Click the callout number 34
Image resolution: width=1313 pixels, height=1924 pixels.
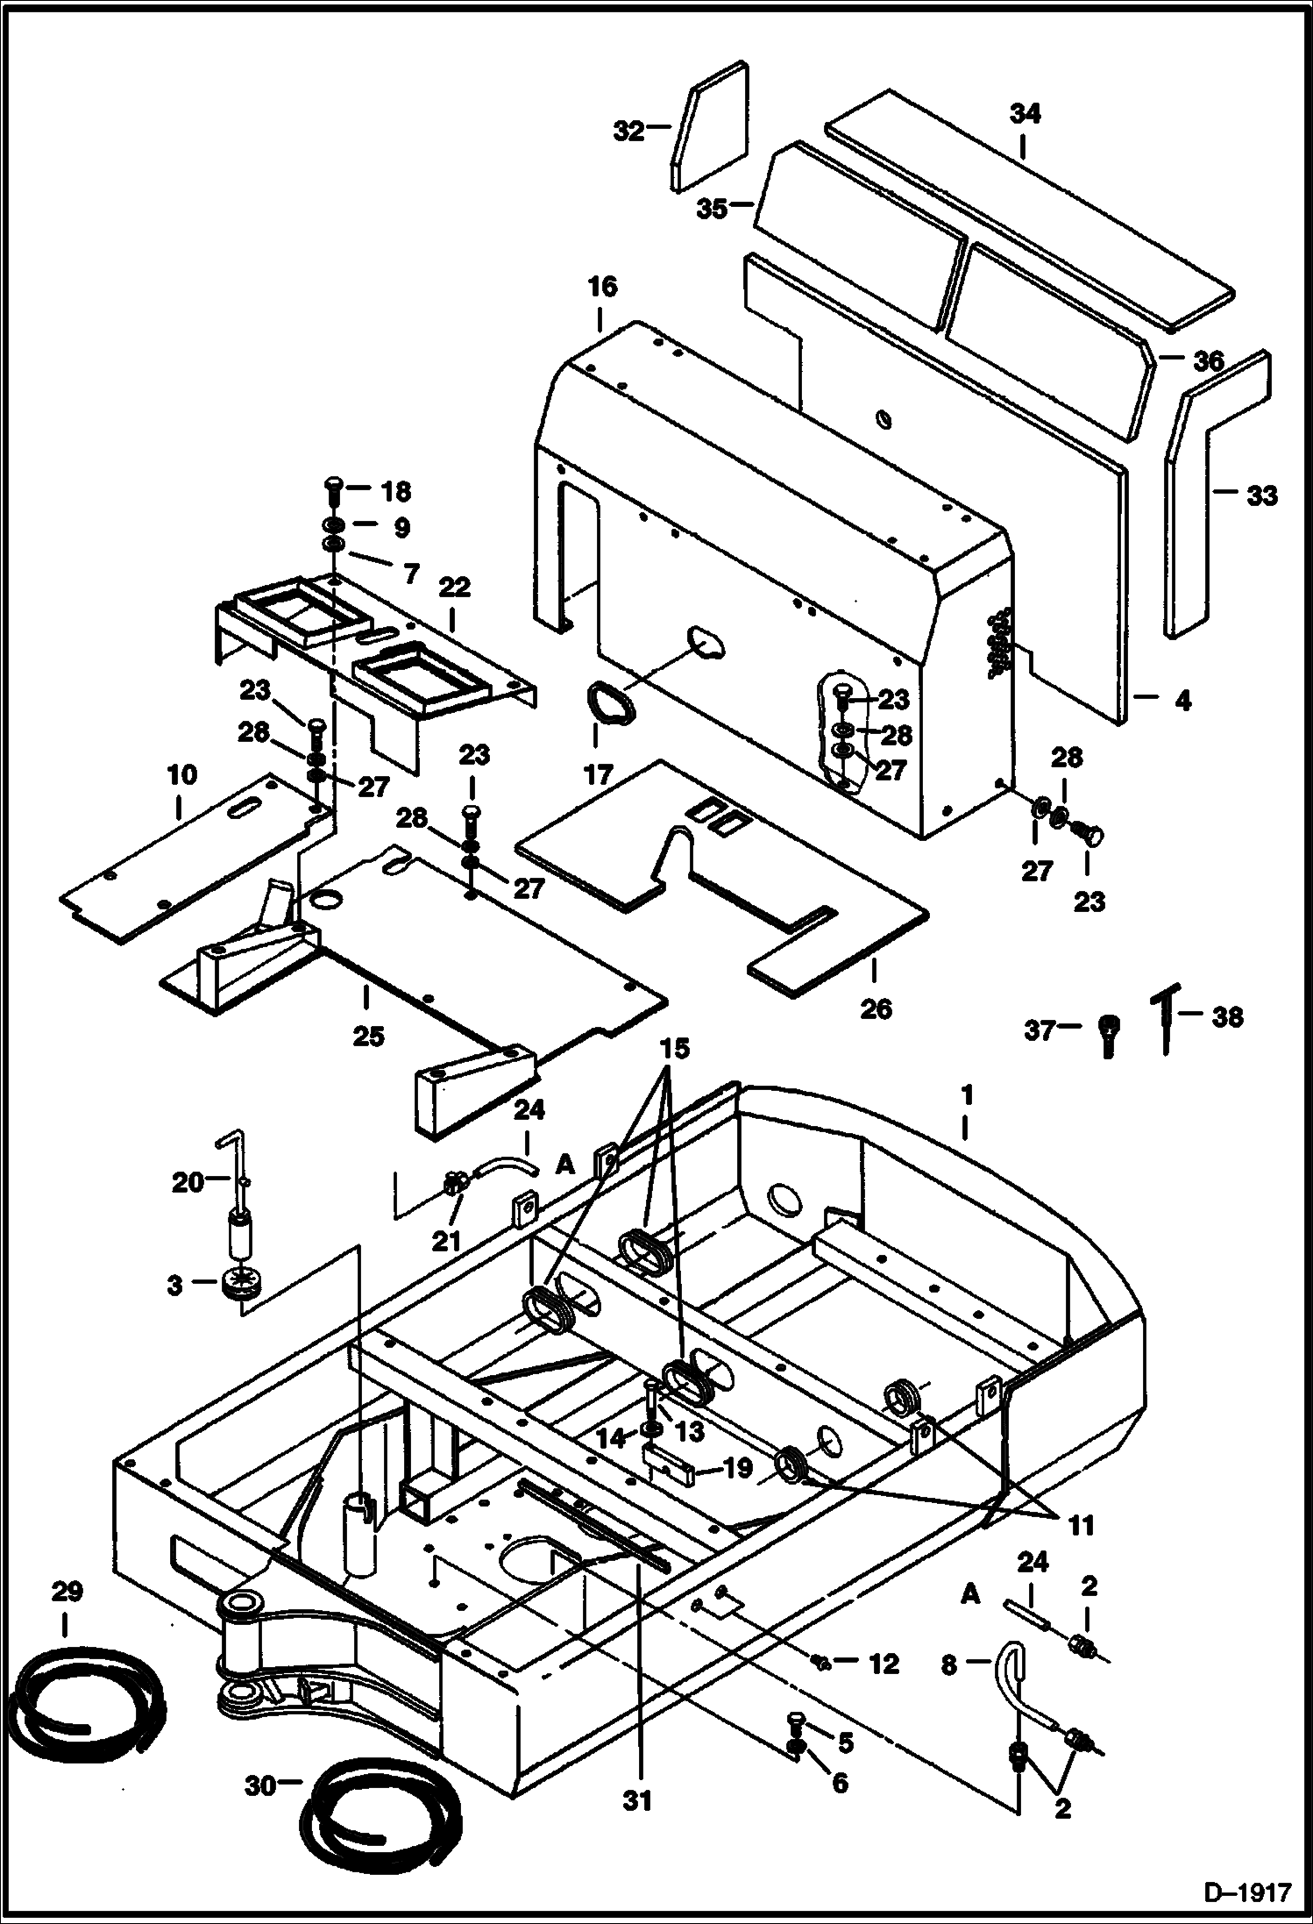pos(1025,114)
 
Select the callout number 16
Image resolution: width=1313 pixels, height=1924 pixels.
pos(602,288)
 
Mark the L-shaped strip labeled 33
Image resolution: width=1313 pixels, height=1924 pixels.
pos(1214,491)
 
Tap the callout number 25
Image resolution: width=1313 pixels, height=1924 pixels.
pos(368,1036)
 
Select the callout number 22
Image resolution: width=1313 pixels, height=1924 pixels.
pos(455,586)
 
